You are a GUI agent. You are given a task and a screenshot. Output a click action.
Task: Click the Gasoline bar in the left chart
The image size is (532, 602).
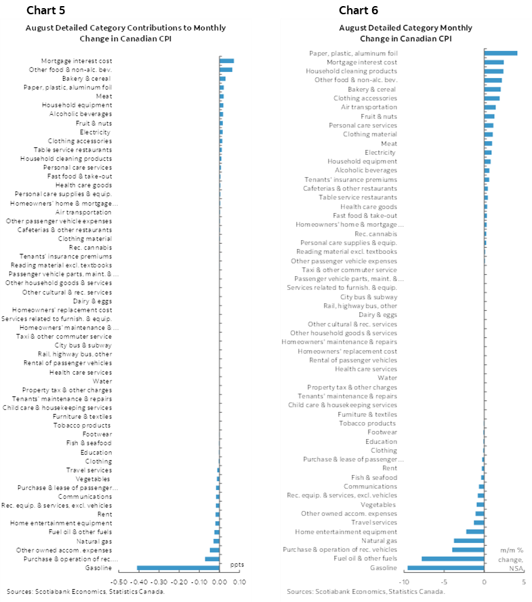178,567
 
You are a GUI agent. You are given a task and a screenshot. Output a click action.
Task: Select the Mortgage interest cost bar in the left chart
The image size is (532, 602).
226,61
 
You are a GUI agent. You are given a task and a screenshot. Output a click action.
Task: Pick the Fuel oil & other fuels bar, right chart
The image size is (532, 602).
453,559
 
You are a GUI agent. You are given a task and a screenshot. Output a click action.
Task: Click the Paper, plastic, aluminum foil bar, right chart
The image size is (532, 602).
501,53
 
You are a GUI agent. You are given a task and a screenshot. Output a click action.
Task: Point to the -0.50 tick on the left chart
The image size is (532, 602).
119,582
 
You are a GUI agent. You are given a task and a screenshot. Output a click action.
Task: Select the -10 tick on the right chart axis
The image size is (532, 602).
404,582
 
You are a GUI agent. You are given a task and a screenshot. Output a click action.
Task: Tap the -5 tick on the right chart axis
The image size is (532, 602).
444,582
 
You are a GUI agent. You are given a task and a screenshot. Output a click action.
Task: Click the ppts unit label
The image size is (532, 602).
237,565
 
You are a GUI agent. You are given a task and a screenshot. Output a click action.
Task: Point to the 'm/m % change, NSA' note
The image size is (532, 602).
512,559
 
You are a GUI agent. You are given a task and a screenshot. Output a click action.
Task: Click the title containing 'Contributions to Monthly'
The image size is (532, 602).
125,33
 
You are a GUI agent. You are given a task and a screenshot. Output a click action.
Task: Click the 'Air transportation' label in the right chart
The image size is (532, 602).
369,107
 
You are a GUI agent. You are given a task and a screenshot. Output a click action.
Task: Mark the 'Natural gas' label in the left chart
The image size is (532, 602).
96,541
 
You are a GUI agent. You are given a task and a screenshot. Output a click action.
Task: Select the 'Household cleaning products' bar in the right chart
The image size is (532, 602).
493,71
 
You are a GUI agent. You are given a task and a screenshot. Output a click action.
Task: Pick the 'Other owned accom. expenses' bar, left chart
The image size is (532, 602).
215,550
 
